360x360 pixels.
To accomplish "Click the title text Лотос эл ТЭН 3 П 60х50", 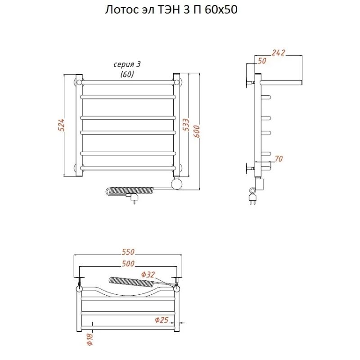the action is pyautogui.click(x=171, y=10).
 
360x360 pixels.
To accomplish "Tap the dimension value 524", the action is pyautogui.click(x=61, y=125).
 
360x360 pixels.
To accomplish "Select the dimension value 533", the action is pyautogui.click(x=186, y=125).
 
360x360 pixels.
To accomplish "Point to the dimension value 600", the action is pyautogui.click(x=197, y=131).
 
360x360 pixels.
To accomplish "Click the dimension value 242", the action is pyautogui.click(x=278, y=53).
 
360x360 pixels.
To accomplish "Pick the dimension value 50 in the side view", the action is pyautogui.click(x=262, y=61).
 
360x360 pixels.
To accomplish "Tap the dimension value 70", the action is pyautogui.click(x=279, y=159).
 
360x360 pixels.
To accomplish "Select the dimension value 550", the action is pyautogui.click(x=128, y=252).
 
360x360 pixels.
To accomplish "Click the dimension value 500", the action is pyautogui.click(x=128, y=264).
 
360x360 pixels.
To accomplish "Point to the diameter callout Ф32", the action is pyautogui.click(x=148, y=274).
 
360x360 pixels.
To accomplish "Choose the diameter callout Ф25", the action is pyautogui.click(x=162, y=320).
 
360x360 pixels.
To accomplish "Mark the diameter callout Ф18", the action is pyautogui.click(x=90, y=339).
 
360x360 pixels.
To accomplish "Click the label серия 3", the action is pyautogui.click(x=127, y=64).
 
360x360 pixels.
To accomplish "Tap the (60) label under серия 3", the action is pyautogui.click(x=127, y=74).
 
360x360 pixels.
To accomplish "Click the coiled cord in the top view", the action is pyautogui.click(x=132, y=282).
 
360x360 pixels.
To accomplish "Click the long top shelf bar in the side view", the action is pyautogui.click(x=281, y=82).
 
